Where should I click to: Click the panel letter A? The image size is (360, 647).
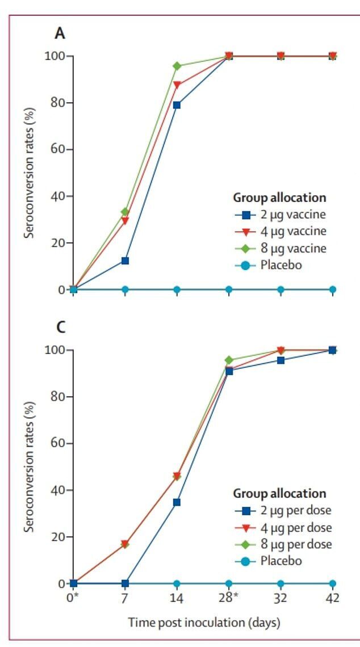coord(60,33)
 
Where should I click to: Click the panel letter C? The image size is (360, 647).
coord(60,327)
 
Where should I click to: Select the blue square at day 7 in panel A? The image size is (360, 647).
coord(125,261)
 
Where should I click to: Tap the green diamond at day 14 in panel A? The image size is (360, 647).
coord(177,66)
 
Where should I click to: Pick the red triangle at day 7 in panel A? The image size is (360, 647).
coord(125,221)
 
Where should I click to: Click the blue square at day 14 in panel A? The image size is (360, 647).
coord(177,105)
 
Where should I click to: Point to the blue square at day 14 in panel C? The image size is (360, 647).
coord(177,502)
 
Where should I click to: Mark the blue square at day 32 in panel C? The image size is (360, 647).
coord(281,360)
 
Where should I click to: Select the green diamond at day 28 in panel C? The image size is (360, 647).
coord(229,360)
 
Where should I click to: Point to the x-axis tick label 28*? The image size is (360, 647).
coord(229,598)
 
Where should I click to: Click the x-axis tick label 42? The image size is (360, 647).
coord(332,598)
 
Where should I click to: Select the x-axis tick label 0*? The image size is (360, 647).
coord(73,598)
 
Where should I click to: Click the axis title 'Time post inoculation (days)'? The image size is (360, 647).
coord(204,623)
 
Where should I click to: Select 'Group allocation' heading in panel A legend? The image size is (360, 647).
coord(279,198)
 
